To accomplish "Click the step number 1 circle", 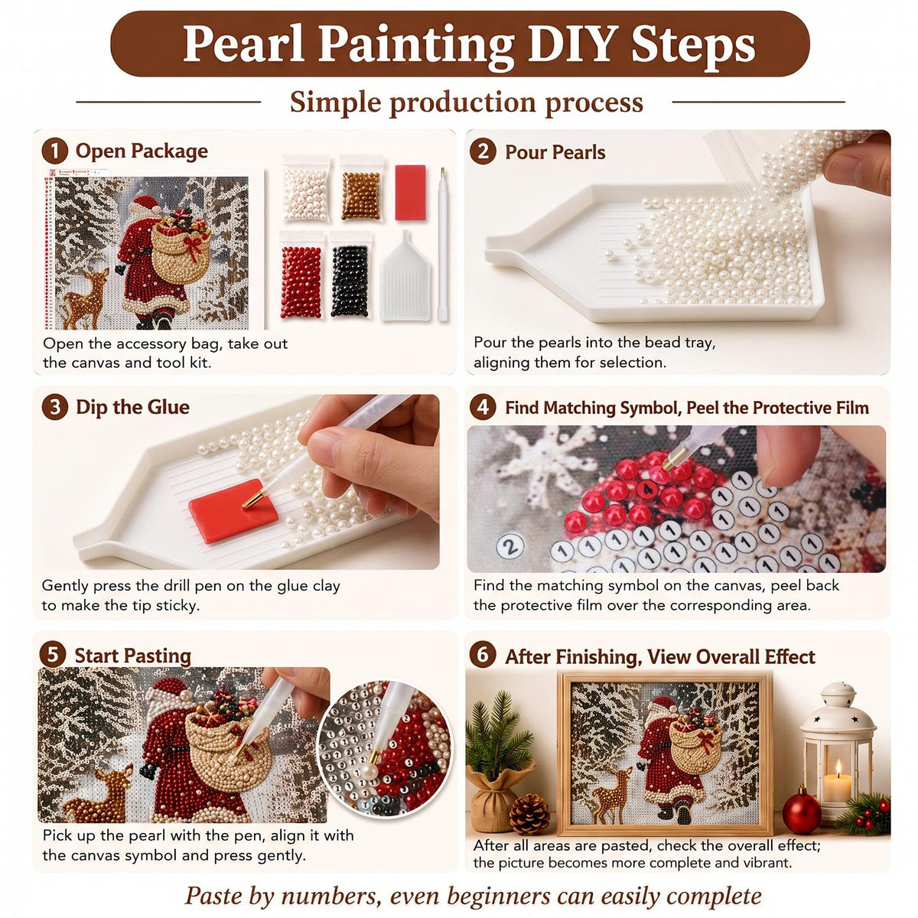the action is [x=55, y=151].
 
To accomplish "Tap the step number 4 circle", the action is [x=483, y=407].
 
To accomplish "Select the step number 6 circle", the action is [x=483, y=655].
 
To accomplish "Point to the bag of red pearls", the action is [x=301, y=275].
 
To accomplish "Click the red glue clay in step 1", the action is [x=410, y=192].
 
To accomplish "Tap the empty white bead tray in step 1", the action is [x=405, y=276].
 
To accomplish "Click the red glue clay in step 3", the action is [x=233, y=511].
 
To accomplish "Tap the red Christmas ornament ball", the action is [x=802, y=811].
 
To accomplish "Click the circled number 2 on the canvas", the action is [x=510, y=546].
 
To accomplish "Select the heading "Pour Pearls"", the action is [x=555, y=152].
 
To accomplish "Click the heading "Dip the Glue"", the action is [x=132, y=407].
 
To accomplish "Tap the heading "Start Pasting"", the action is [x=133, y=656].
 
